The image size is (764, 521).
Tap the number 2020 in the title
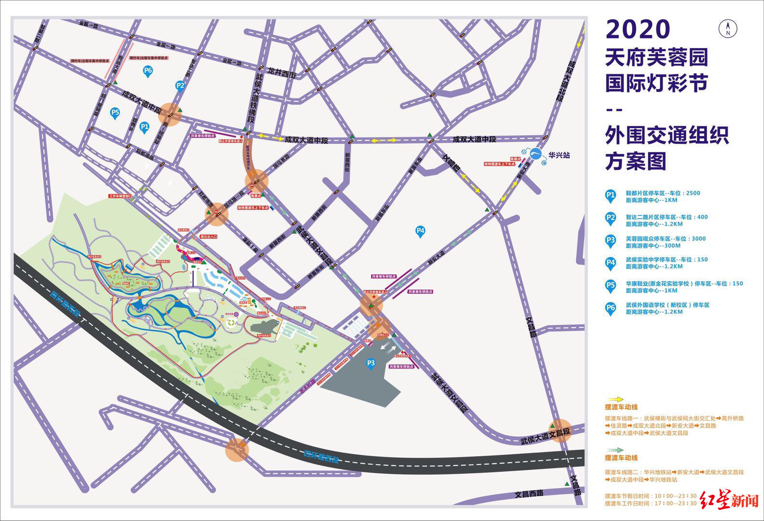pyautogui.click(x=638, y=29)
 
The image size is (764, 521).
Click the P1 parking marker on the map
pyautogui.click(x=144, y=127)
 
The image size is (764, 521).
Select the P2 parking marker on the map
pyautogui.click(x=180, y=86)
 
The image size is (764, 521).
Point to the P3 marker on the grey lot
pyautogui.click(x=371, y=363)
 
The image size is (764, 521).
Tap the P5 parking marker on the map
pyautogui.click(x=115, y=113)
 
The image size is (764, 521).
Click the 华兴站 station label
pyautogui.click(x=559, y=155)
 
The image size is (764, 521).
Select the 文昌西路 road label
pyautogui.click(x=529, y=494)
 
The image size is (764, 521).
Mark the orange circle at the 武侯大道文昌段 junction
pyautogui.click(x=560, y=430)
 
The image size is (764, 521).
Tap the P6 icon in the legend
pyautogui.click(x=611, y=308)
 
